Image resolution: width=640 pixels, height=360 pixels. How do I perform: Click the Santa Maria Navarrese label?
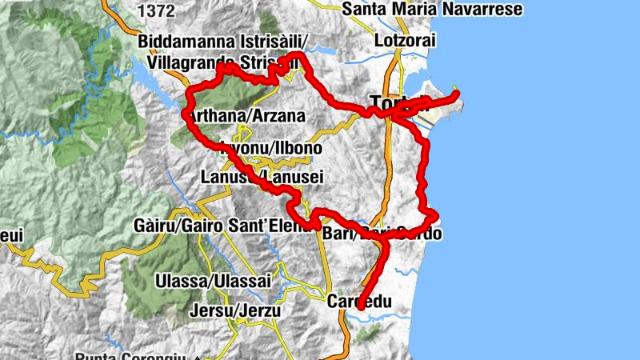click(x=432, y=10)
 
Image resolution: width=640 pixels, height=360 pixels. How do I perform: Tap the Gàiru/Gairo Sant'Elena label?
click(x=222, y=227)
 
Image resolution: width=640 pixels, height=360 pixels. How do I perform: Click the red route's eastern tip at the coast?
click(x=457, y=94)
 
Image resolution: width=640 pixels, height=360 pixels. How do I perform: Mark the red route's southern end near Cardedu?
click(x=361, y=306)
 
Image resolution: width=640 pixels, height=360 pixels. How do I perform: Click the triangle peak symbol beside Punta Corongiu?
click(x=196, y=357)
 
